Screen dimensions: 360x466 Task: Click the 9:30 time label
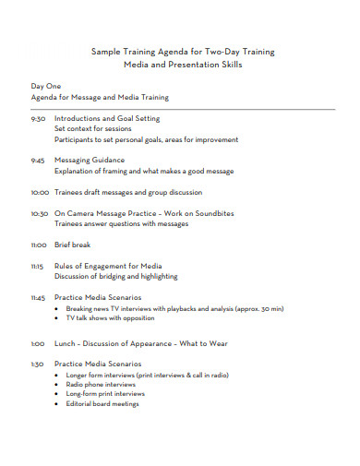38,119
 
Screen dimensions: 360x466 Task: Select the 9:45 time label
38,160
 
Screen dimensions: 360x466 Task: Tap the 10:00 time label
40,193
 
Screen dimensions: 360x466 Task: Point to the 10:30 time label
40,213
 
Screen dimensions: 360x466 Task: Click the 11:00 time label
39,245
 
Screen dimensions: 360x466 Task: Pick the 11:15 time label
38,266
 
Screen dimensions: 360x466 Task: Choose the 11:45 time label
39,298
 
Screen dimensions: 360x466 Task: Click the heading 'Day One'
46,86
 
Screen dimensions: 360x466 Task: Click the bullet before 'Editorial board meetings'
57,404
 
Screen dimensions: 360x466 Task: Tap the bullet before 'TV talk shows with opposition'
57,317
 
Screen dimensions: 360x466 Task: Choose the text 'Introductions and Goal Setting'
107,119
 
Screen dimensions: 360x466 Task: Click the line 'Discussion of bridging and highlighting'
116,276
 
